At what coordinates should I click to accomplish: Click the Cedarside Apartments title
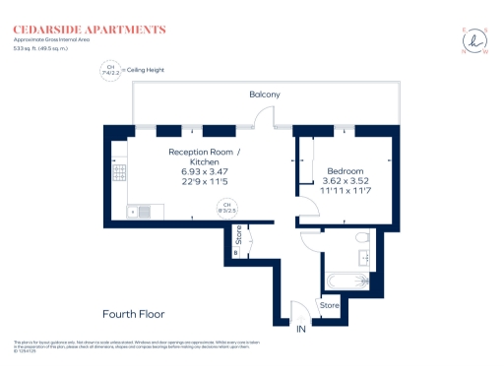pyautogui.click(x=90, y=31)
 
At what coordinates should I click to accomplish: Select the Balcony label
pyautogui.click(x=264, y=94)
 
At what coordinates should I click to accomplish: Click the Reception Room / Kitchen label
pyautogui.click(x=203, y=157)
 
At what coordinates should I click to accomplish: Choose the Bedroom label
pyautogui.click(x=346, y=171)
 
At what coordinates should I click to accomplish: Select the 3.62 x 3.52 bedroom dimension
pyautogui.click(x=346, y=182)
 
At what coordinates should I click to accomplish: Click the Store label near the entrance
pyautogui.click(x=330, y=306)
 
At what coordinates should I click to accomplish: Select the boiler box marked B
pyautogui.click(x=236, y=251)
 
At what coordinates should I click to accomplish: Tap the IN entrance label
pyautogui.click(x=302, y=328)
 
